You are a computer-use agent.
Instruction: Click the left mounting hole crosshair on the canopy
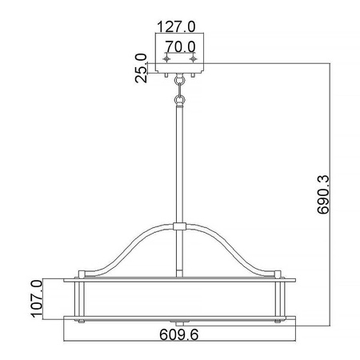pyautogui.click(x=166, y=60)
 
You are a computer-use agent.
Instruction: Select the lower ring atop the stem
pyautogui.click(x=180, y=100)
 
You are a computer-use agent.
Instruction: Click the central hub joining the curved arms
pyautogui.click(x=180, y=227)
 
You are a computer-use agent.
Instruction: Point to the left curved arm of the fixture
pyautogui.click(x=128, y=250)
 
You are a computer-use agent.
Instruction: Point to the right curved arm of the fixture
pyautogui.click(x=232, y=250)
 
